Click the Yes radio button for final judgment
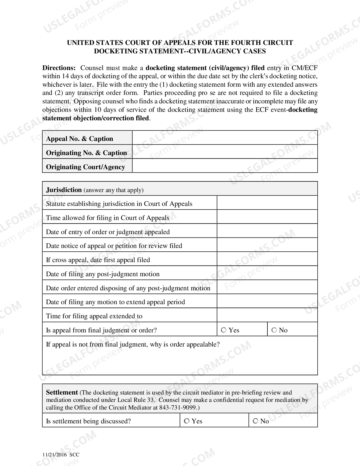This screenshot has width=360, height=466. (x=224, y=330)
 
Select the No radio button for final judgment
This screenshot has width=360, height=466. (x=274, y=330)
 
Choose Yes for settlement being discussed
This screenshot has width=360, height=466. (x=187, y=421)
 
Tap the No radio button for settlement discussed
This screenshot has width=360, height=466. (x=256, y=421)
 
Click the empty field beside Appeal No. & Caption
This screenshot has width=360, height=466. (x=225, y=138)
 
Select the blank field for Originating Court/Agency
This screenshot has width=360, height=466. (x=225, y=166)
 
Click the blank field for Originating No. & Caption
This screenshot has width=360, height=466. (x=225, y=152)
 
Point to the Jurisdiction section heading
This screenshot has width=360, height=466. (x=64, y=190)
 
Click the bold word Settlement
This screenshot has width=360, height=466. (x=62, y=392)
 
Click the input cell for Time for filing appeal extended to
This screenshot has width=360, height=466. (x=267, y=315)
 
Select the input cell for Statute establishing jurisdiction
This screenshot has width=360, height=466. (x=267, y=203)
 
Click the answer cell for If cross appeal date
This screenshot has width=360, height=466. (x=267, y=259)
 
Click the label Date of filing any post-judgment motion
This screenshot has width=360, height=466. (x=103, y=274)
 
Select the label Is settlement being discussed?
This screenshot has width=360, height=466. (x=88, y=421)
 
